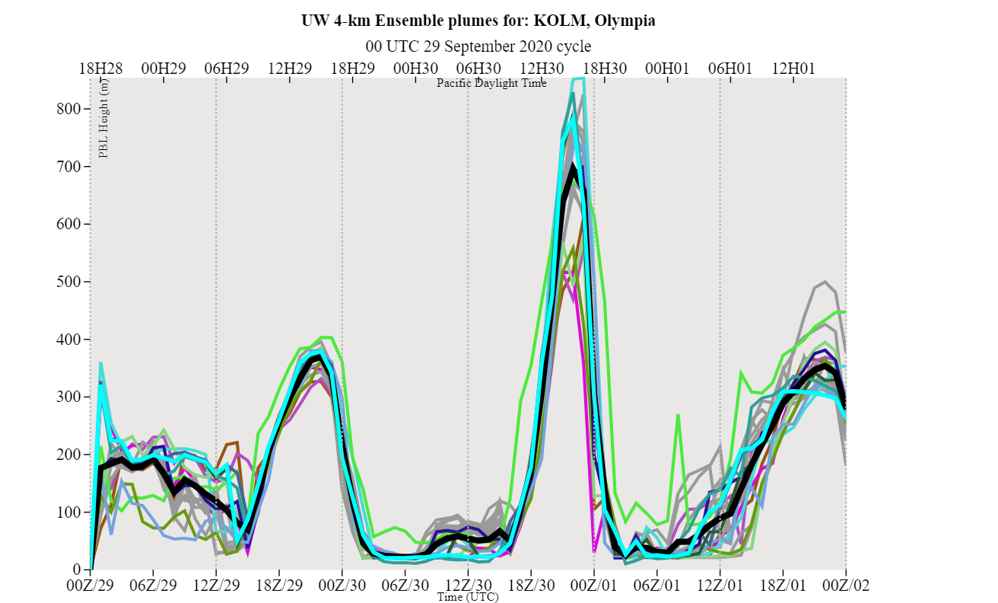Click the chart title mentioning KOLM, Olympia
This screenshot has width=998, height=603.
tap(478, 21)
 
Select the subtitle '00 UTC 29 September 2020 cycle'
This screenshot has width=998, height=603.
tap(478, 46)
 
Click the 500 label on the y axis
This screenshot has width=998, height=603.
tap(69, 282)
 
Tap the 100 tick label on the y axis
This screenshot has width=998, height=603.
tap(69, 512)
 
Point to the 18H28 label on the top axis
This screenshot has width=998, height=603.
tap(100, 68)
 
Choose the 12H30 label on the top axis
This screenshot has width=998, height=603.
tap(542, 68)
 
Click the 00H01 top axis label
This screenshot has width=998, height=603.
tap(667, 68)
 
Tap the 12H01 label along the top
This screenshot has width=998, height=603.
tap(793, 68)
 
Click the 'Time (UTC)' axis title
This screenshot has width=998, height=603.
tap(468, 598)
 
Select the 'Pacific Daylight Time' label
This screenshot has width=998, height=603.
tap(491, 83)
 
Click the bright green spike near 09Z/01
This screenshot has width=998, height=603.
tap(678, 416)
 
